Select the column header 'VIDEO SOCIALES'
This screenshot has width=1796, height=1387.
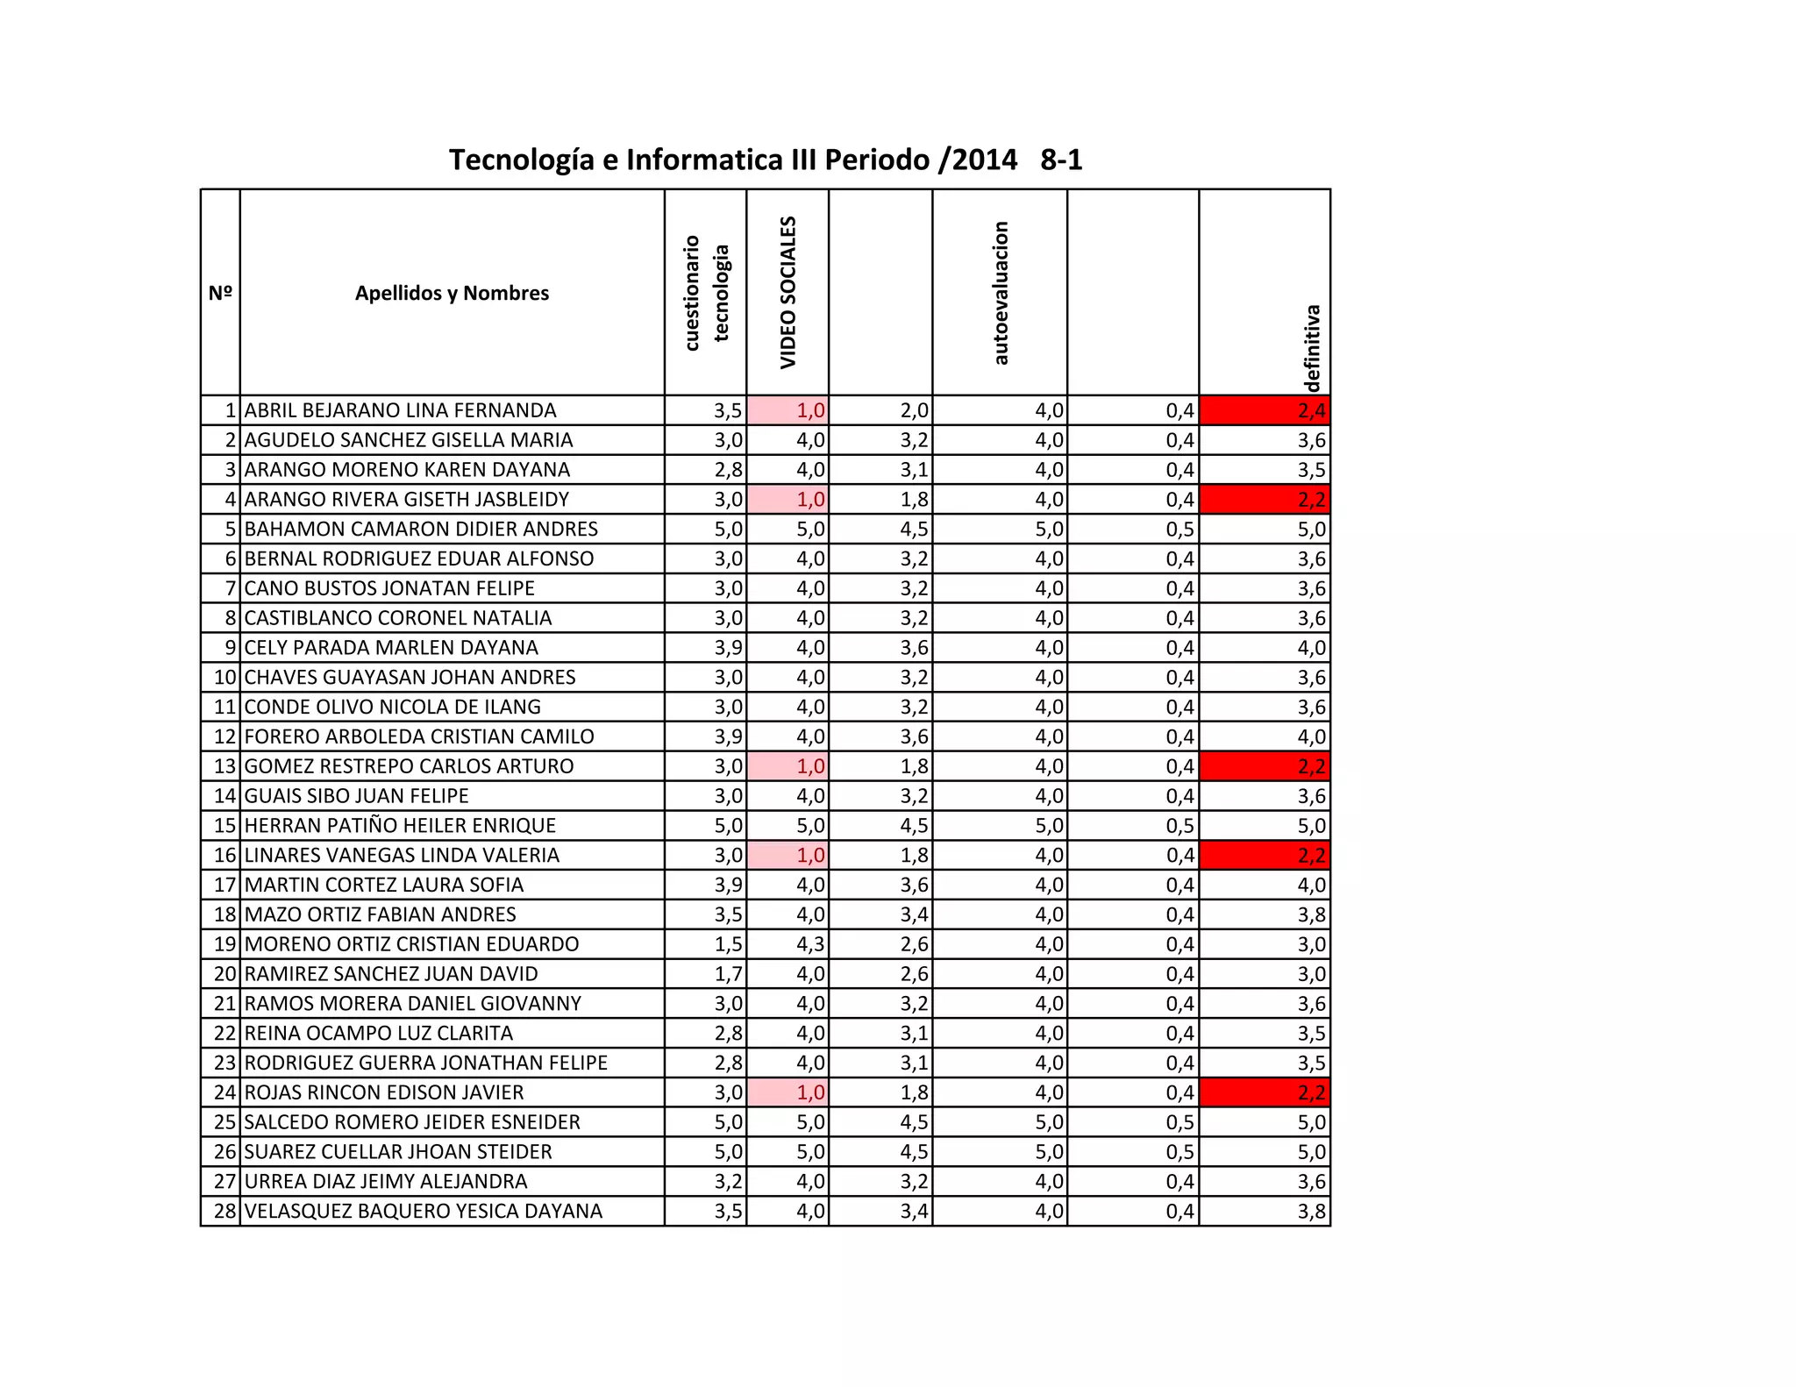pyautogui.click(x=788, y=292)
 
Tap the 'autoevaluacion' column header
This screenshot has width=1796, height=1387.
pyautogui.click(x=1001, y=292)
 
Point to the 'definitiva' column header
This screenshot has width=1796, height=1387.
pyautogui.click(x=1311, y=348)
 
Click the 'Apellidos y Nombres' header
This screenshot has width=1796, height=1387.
pyautogui.click(x=452, y=293)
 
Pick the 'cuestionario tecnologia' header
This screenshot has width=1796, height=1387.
pyautogui.click(x=706, y=292)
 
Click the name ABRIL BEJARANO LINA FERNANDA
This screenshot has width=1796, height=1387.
pyautogui.click(x=400, y=410)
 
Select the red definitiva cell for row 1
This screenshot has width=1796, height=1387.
pyautogui.click(x=1265, y=410)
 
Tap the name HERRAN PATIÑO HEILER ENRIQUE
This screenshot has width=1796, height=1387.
pyautogui.click(x=400, y=825)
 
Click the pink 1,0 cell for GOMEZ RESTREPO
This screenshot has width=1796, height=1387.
pyautogui.click(x=788, y=766)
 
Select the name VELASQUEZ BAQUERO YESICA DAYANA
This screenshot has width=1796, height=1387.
pyautogui.click(x=423, y=1212)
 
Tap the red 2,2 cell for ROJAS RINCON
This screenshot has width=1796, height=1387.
pyautogui.click(x=1265, y=1092)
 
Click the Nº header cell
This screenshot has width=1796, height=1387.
pyautogui.click(x=220, y=293)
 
